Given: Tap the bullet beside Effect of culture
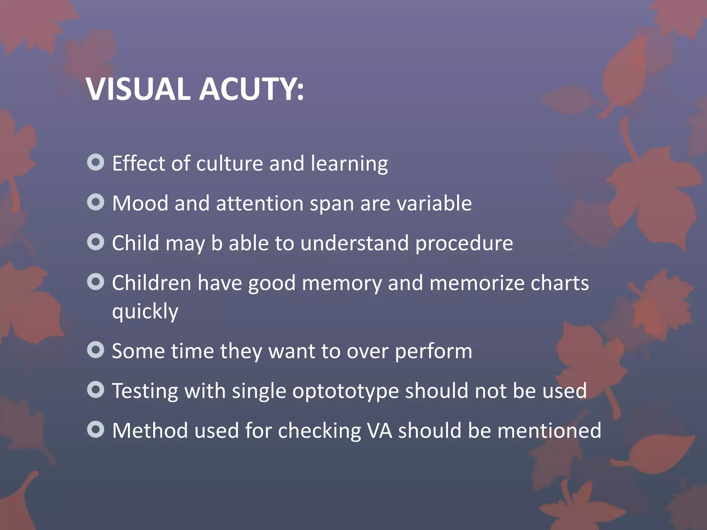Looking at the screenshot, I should [x=96, y=163].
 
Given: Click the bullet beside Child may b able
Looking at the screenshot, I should [x=96, y=242].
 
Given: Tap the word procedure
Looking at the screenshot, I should [x=464, y=244].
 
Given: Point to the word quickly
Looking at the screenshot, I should [x=145, y=312].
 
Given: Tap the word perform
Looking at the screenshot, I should [x=433, y=352].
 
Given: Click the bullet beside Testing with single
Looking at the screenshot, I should [x=96, y=390].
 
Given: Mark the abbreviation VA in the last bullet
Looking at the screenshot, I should [x=379, y=431].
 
